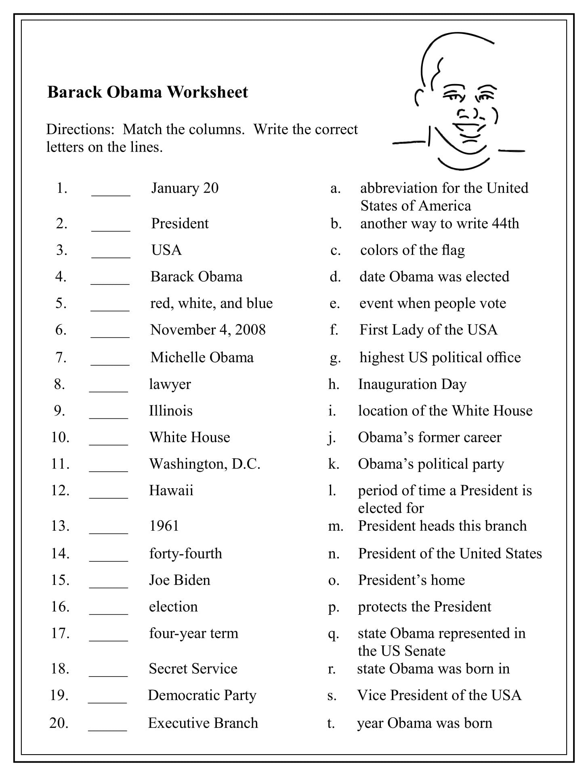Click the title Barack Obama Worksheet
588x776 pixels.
coord(147,92)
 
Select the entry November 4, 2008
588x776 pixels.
coord(208,330)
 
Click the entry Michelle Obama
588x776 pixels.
coord(202,358)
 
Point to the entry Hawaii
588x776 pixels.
coord(171,491)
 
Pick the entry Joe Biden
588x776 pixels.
coord(179,580)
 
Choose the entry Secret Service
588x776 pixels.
coord(193,669)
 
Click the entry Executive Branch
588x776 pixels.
coord(203,723)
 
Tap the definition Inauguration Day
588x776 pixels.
coord(412,384)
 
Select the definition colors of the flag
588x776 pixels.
coord(412,250)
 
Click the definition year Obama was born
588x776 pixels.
coord(424,723)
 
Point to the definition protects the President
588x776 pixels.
coord(424,607)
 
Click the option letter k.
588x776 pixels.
coord(333,464)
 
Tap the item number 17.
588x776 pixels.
coord(60,633)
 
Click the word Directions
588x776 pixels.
coord(75,129)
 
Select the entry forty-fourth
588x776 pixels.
coord(185,554)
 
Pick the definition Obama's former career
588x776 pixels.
coord(429,437)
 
